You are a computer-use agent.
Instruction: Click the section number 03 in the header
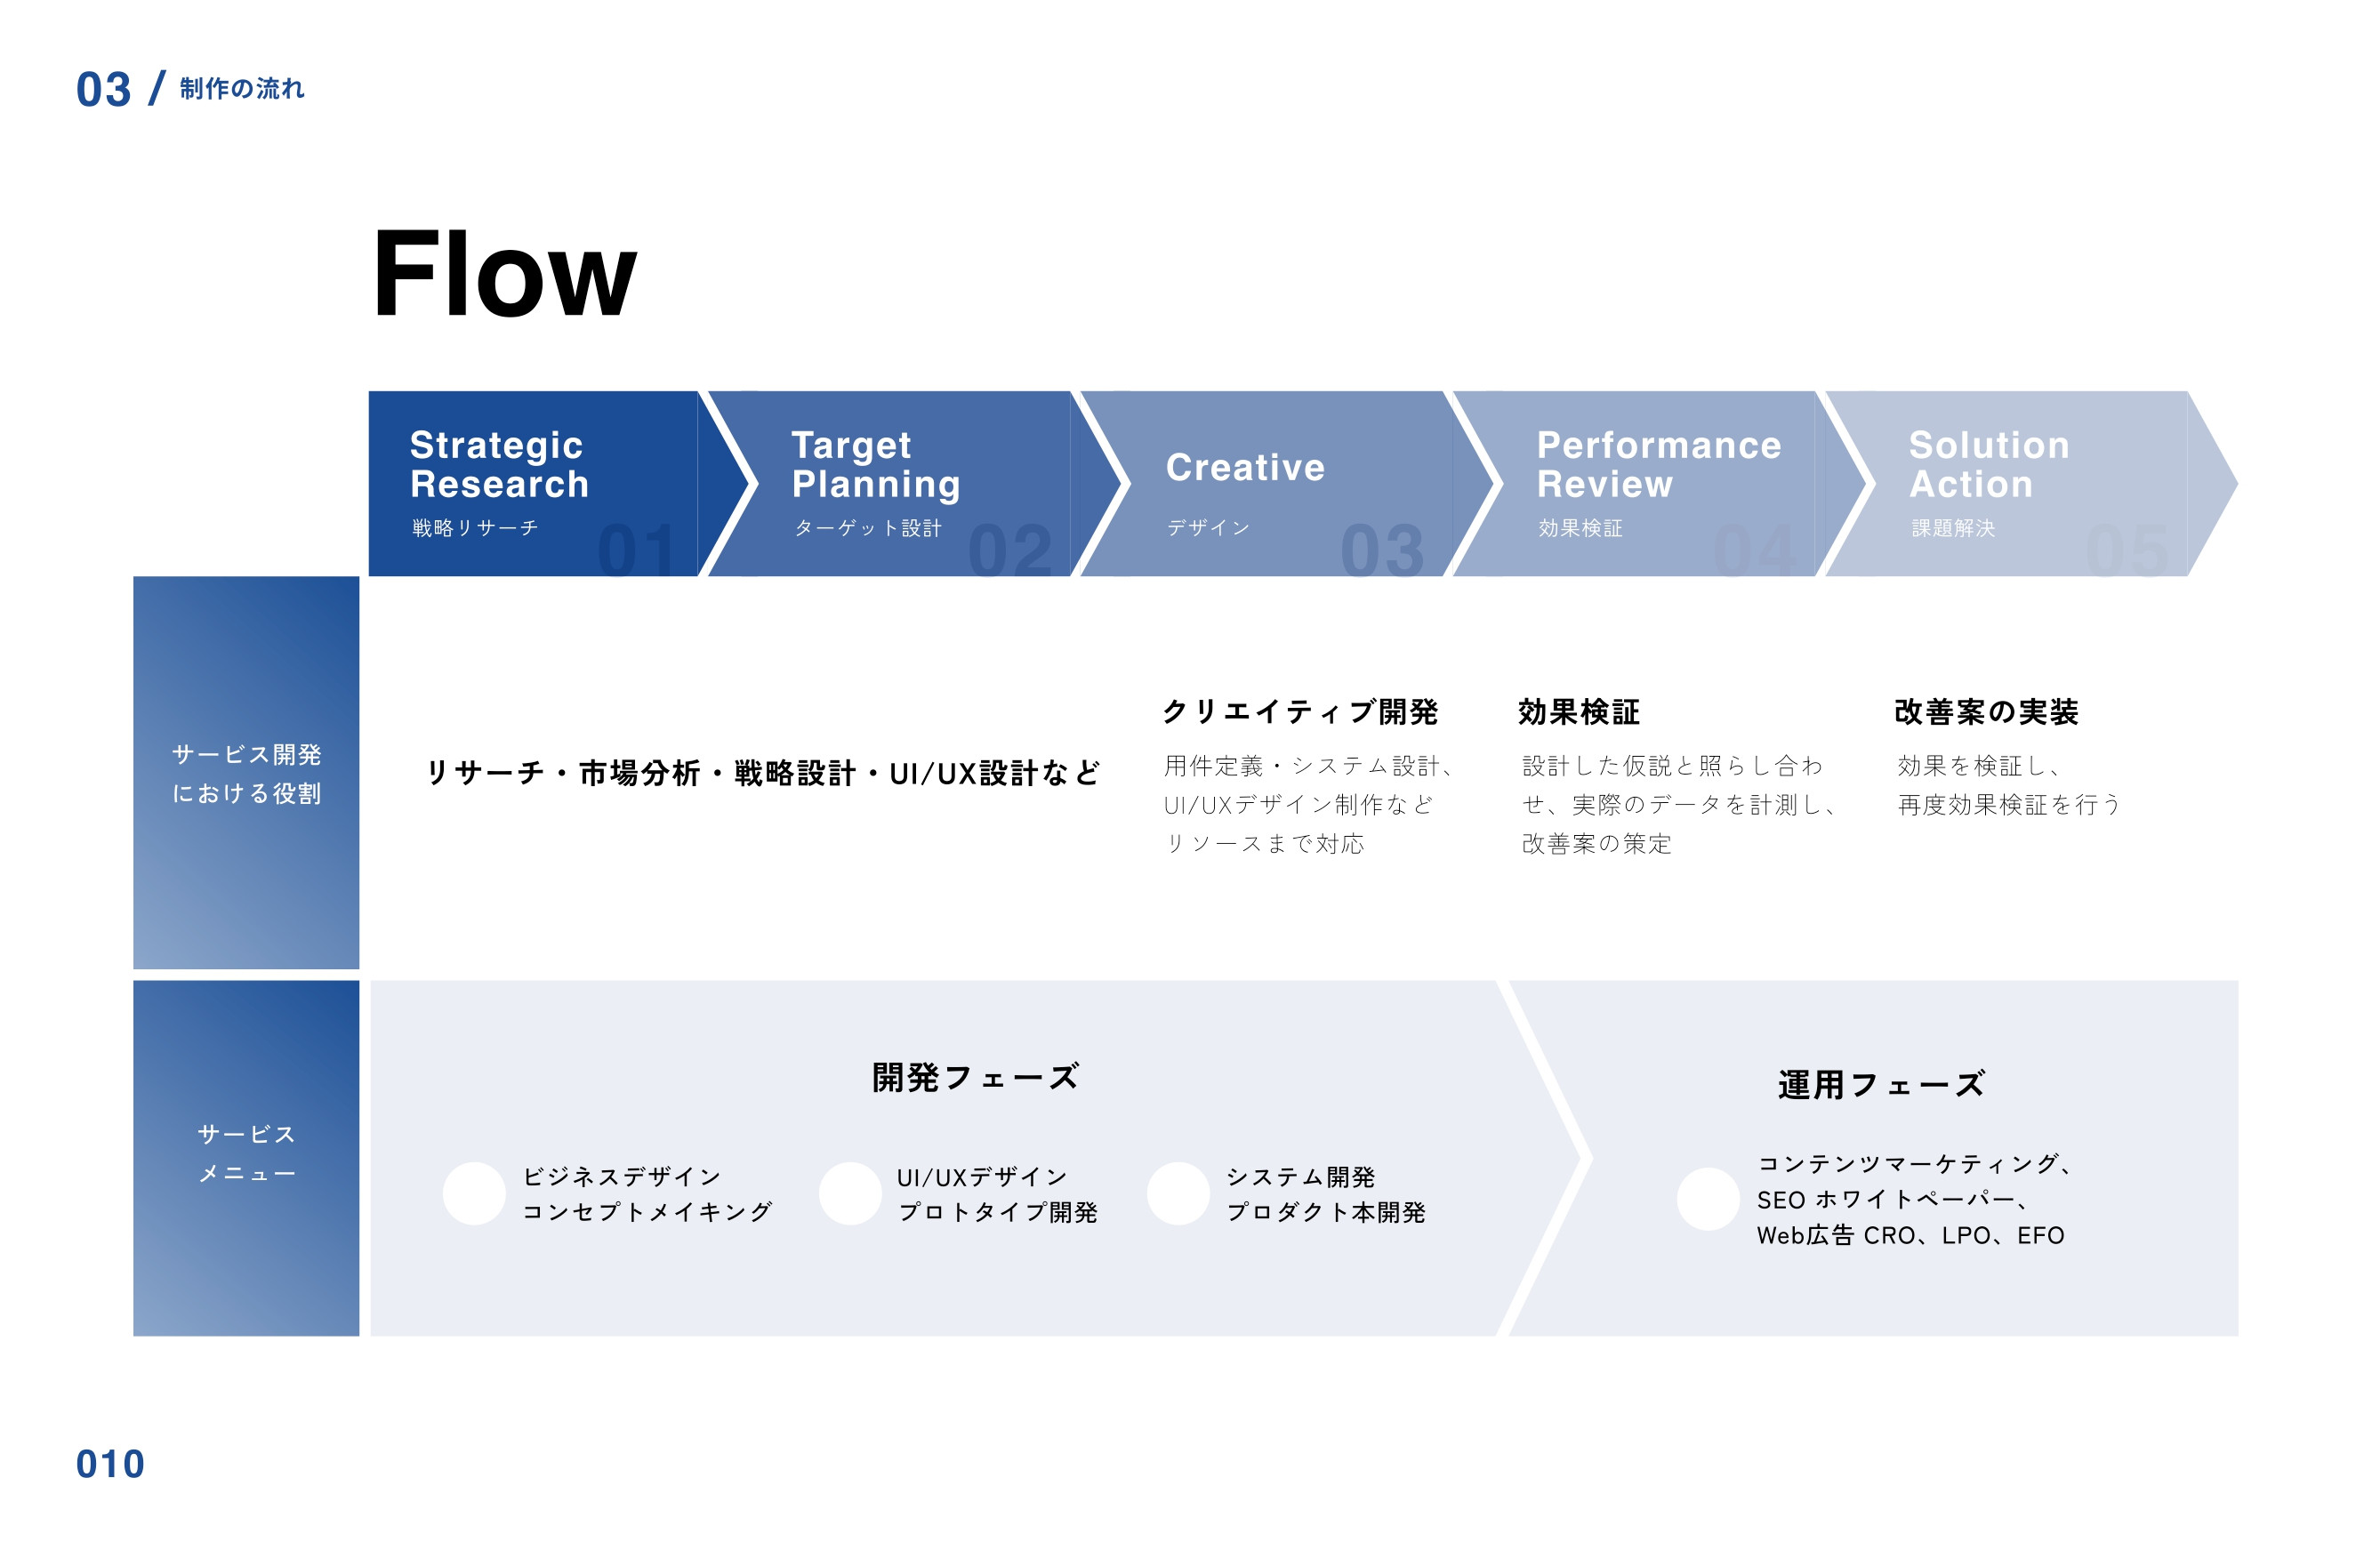[x=104, y=90]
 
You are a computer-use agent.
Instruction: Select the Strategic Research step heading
[x=498, y=463]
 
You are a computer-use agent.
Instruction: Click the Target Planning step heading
[x=875, y=463]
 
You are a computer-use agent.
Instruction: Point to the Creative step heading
[x=1245, y=468]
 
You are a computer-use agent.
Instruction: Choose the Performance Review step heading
[x=1659, y=463]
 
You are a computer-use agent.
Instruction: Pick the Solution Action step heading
[x=1989, y=463]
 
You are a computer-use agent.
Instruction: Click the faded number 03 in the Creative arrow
[x=1381, y=550]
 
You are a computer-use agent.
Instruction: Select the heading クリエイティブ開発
[x=1299, y=711]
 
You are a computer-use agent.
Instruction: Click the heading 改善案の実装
[x=1985, y=711]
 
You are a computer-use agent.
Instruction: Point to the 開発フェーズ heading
[x=975, y=1078]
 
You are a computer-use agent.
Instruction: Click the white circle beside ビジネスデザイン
[x=474, y=1193]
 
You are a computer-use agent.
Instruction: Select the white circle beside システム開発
[x=1178, y=1193]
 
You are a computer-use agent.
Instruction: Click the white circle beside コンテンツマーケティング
[x=1708, y=1198]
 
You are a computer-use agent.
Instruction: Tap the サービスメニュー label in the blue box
[x=246, y=1153]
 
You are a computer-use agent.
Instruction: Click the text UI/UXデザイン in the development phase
[x=982, y=1177]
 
